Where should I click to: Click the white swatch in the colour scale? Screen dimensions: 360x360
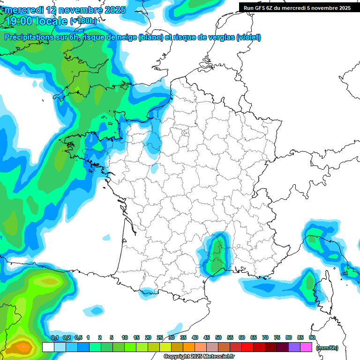[48, 347]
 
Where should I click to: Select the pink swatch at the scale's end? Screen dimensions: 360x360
[306, 347]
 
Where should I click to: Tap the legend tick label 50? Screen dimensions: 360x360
[218, 337]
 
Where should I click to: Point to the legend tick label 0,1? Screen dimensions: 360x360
[54, 337]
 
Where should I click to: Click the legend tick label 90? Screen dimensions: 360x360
[312, 337]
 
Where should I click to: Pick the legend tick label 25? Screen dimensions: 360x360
[160, 337]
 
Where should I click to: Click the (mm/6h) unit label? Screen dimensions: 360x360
[327, 347]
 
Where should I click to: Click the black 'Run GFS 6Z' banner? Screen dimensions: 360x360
[297, 8]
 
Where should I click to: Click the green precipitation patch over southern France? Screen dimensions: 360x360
[217, 255]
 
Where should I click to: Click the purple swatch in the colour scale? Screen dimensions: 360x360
[294, 347]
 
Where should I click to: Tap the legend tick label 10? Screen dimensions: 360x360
[125, 337]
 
